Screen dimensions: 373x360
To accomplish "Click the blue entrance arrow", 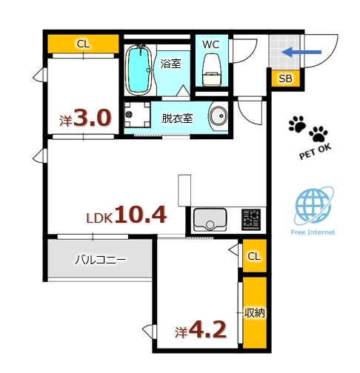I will pyautogui.click(x=301, y=52).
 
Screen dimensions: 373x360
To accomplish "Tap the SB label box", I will pyautogui.click(x=284, y=78).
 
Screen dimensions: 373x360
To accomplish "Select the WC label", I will pyautogui.click(x=211, y=44).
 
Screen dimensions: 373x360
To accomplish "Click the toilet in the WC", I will pyautogui.click(x=212, y=69).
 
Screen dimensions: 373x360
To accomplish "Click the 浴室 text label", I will pyautogui.click(x=170, y=64).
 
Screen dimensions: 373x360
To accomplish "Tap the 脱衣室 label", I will pyautogui.click(x=178, y=118).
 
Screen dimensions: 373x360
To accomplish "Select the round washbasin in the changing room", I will pyautogui.click(x=219, y=118).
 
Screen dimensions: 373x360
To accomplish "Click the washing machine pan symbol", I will pyautogui.click(x=137, y=115).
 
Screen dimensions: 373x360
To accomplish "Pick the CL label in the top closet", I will pyautogui.click(x=83, y=44).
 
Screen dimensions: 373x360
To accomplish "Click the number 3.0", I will pyautogui.click(x=93, y=119).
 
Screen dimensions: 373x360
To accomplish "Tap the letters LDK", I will pyautogui.click(x=99, y=219).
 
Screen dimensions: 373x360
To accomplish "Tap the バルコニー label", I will pyautogui.click(x=100, y=260).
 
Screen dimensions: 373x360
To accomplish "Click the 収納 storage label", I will pyautogui.click(x=254, y=313).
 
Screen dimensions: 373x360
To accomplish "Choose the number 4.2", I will pyautogui.click(x=207, y=329).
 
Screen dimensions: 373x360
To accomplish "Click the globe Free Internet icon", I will pyautogui.click(x=312, y=207).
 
